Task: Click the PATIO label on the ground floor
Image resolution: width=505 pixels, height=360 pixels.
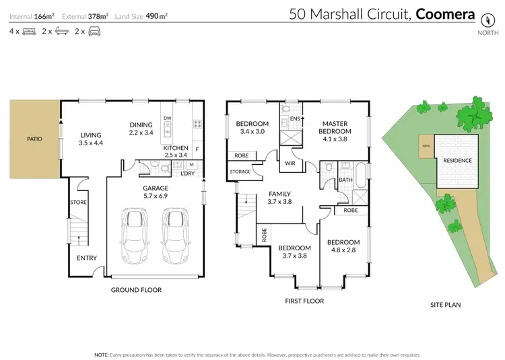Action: (x=34, y=139)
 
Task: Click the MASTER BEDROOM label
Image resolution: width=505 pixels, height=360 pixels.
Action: (x=335, y=128)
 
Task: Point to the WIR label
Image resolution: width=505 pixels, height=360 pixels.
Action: (x=291, y=163)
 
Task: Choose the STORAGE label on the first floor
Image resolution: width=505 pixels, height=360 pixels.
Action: (x=240, y=172)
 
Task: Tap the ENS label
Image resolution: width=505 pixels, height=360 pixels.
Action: (x=294, y=119)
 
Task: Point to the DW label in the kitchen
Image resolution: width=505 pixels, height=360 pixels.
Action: (x=168, y=117)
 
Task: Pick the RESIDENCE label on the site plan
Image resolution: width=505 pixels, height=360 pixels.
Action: (x=457, y=160)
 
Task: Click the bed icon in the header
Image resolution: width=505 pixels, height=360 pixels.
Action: (x=29, y=31)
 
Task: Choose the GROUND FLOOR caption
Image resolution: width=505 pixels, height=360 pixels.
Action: (x=136, y=290)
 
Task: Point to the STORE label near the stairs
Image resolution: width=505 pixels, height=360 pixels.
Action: (x=78, y=201)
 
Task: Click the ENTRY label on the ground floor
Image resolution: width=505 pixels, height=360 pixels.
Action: (x=87, y=258)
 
